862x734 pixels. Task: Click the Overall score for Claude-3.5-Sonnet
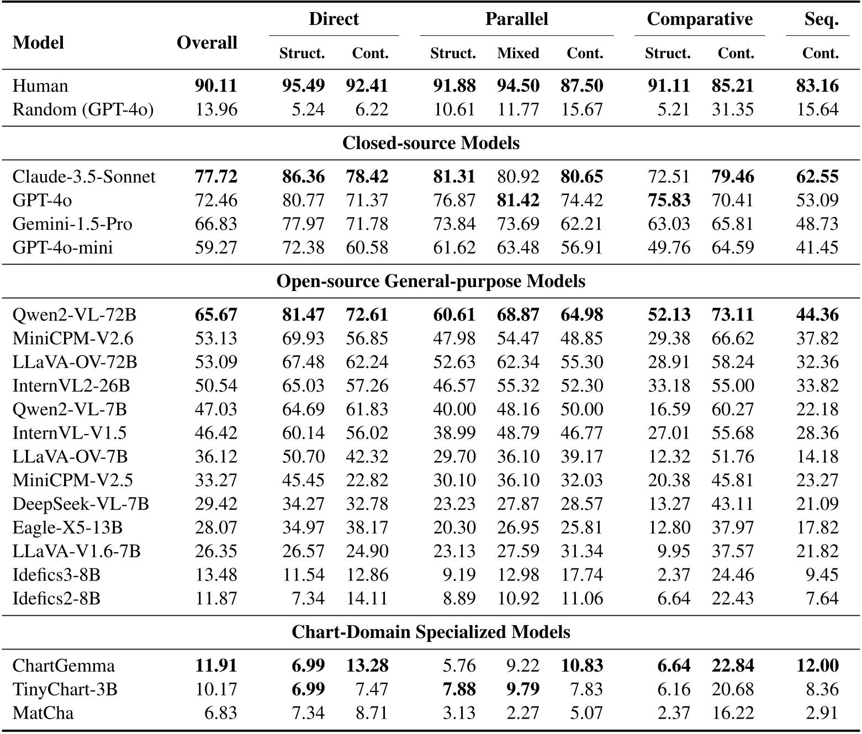[216, 177]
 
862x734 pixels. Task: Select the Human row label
[40, 86]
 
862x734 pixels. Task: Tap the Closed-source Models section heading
[431, 143]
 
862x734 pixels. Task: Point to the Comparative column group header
[699, 19]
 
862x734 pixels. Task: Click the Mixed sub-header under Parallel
[517, 54]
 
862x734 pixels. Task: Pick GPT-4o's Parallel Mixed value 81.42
[517, 200]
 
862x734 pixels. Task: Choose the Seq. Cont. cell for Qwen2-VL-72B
[817, 315]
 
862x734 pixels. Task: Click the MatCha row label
[43, 713]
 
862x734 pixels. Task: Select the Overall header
[207, 43]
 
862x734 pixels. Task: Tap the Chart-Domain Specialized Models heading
[431, 632]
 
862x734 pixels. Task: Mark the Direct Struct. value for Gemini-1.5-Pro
[303, 224]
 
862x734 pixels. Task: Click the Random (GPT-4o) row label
[83, 110]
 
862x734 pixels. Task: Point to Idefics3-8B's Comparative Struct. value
[674, 575]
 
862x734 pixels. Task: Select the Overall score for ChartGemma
[216, 666]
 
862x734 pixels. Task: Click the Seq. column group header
[821, 19]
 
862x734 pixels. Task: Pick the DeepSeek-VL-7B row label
[81, 504]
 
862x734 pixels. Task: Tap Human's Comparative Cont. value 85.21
[733, 86]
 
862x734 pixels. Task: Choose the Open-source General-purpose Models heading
[431, 281]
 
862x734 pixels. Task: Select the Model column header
[38, 43]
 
